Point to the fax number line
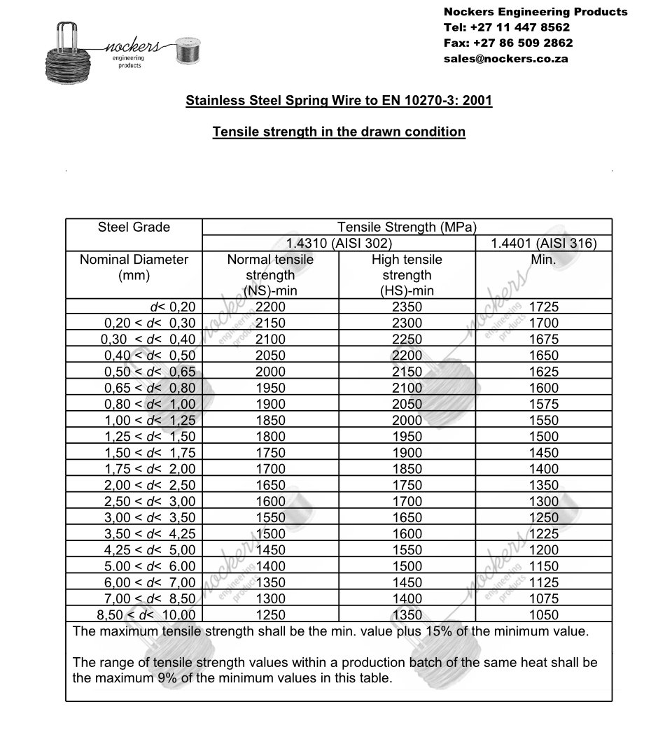click(x=508, y=43)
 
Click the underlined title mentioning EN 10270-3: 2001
click(x=339, y=101)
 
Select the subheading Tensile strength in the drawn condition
click(x=339, y=132)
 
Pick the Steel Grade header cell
click(x=134, y=227)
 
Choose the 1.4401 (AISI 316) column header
click(x=543, y=244)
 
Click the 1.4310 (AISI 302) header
click(x=339, y=244)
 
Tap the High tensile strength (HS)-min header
click(x=407, y=275)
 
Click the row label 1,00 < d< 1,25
click(x=150, y=420)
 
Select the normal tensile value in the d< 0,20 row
click(x=270, y=307)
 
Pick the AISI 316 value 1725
click(x=544, y=307)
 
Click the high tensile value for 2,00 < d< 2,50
click(x=407, y=485)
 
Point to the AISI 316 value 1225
click(x=544, y=534)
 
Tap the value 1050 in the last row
click(x=544, y=615)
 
